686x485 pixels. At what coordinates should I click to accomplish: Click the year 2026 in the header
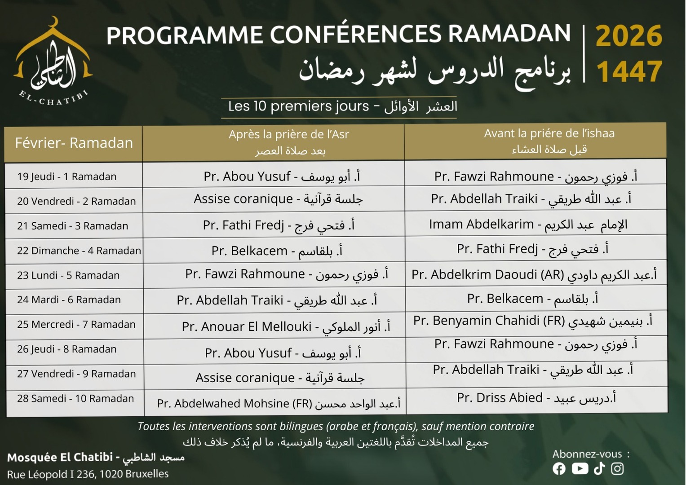628,35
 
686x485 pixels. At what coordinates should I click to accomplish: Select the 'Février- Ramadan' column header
74,143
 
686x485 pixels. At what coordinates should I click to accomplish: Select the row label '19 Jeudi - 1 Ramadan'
67,176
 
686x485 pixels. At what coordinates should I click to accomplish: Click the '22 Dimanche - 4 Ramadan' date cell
79,251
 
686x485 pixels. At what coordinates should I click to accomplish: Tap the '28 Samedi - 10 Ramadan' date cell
75,398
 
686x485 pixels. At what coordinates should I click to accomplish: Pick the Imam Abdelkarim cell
528,224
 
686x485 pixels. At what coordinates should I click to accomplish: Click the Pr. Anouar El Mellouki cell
286,326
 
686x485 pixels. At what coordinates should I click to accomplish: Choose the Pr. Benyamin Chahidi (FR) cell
532,321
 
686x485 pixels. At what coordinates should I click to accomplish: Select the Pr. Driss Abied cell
536,397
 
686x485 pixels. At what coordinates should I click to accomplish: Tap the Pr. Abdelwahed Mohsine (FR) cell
279,403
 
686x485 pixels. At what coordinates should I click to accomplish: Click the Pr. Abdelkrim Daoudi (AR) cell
534,274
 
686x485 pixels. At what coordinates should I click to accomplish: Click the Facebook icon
559,469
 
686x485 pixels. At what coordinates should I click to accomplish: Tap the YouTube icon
580,469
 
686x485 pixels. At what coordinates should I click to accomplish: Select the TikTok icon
599,469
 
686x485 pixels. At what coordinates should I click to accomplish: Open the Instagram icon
618,469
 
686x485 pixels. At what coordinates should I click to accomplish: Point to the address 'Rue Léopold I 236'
88,474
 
